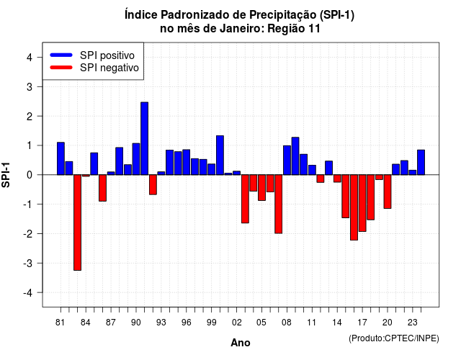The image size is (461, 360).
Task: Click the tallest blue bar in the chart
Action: (x=144, y=138)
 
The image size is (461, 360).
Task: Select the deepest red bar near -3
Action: (x=77, y=222)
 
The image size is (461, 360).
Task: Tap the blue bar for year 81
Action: (x=61, y=158)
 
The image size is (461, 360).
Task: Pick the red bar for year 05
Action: (x=261, y=187)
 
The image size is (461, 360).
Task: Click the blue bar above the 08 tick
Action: (x=287, y=160)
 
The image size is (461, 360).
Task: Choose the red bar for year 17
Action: (x=362, y=203)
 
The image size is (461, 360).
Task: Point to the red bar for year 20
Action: (x=388, y=192)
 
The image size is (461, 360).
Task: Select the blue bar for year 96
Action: (x=187, y=162)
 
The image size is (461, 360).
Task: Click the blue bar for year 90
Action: (x=136, y=159)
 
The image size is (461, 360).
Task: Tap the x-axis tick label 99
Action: (x=211, y=323)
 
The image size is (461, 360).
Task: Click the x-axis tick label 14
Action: (x=337, y=323)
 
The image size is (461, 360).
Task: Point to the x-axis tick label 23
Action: (x=413, y=323)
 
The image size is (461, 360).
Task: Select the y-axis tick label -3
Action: (x=27, y=264)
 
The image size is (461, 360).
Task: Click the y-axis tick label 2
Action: (x=30, y=117)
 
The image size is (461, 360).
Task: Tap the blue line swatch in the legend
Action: (x=61, y=55)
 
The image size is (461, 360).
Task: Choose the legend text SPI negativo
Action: (x=109, y=68)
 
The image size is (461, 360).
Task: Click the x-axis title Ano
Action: (x=241, y=343)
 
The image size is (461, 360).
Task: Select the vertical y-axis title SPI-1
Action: (x=6, y=175)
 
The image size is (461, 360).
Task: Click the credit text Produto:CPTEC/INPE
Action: (x=394, y=338)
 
